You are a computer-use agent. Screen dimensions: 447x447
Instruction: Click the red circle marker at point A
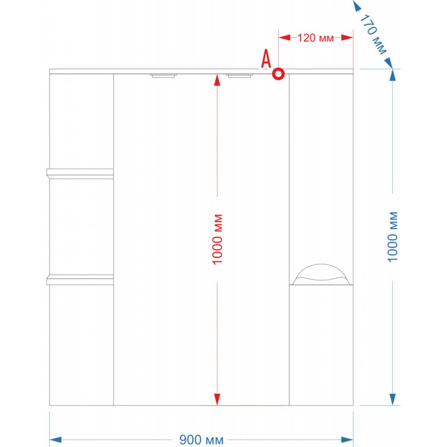tap(278, 73)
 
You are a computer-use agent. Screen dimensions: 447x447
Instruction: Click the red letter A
tap(267, 59)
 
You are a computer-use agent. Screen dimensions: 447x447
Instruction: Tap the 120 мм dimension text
tap(316, 38)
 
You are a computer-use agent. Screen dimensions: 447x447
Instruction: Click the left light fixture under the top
tap(163, 76)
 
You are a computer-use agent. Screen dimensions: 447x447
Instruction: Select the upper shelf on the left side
tap(80, 174)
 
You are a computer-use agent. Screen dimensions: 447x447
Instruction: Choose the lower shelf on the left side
tap(80, 279)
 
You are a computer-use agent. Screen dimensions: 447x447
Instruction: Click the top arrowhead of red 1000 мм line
tap(217, 79)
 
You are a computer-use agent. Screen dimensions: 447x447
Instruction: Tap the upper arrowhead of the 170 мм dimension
tap(356, 7)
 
